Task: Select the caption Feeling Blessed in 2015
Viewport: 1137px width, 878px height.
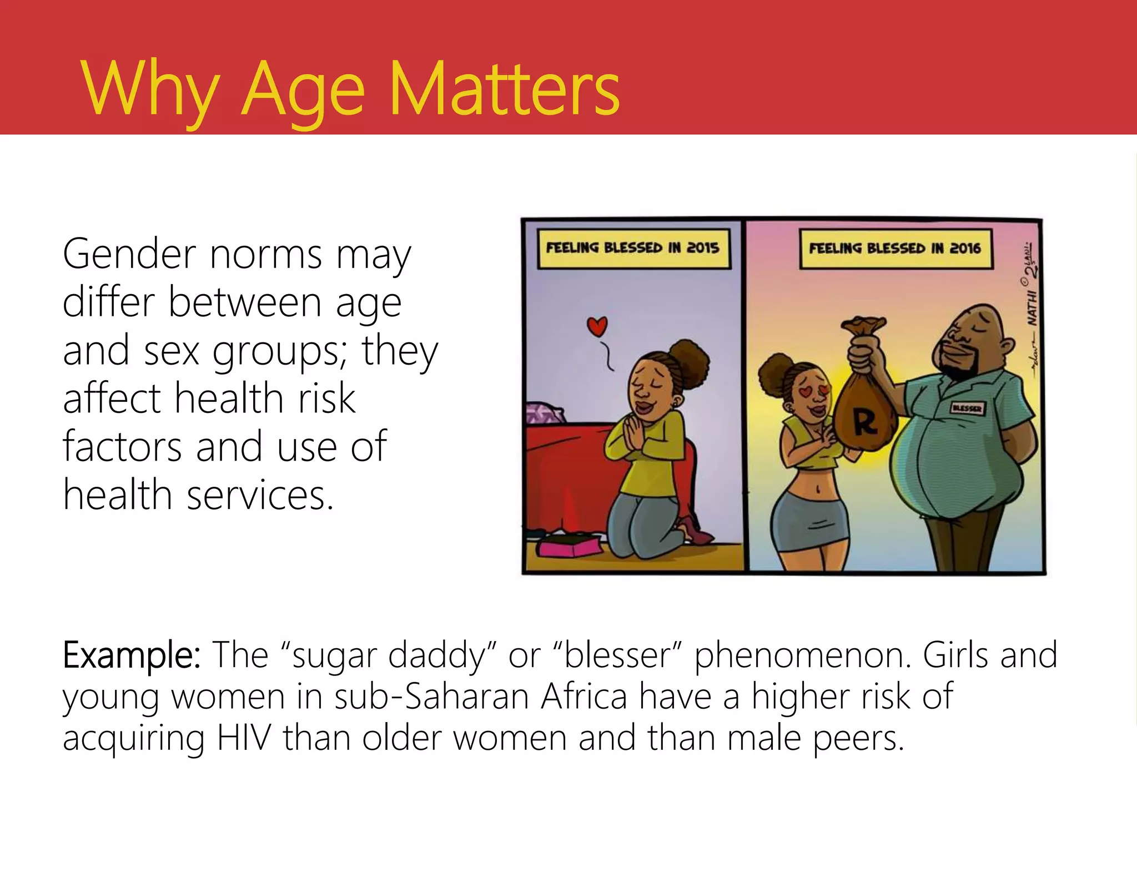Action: point(633,248)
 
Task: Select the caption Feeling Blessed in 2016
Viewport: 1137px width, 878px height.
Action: point(895,248)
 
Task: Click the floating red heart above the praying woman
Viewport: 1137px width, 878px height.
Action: point(597,326)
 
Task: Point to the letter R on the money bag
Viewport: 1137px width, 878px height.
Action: point(865,423)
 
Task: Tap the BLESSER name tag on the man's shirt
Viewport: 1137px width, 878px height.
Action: point(967,408)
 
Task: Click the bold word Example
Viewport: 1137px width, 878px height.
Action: point(132,655)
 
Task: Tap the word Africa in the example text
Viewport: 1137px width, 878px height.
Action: point(584,697)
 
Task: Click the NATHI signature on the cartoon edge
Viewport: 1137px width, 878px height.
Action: point(1032,309)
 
